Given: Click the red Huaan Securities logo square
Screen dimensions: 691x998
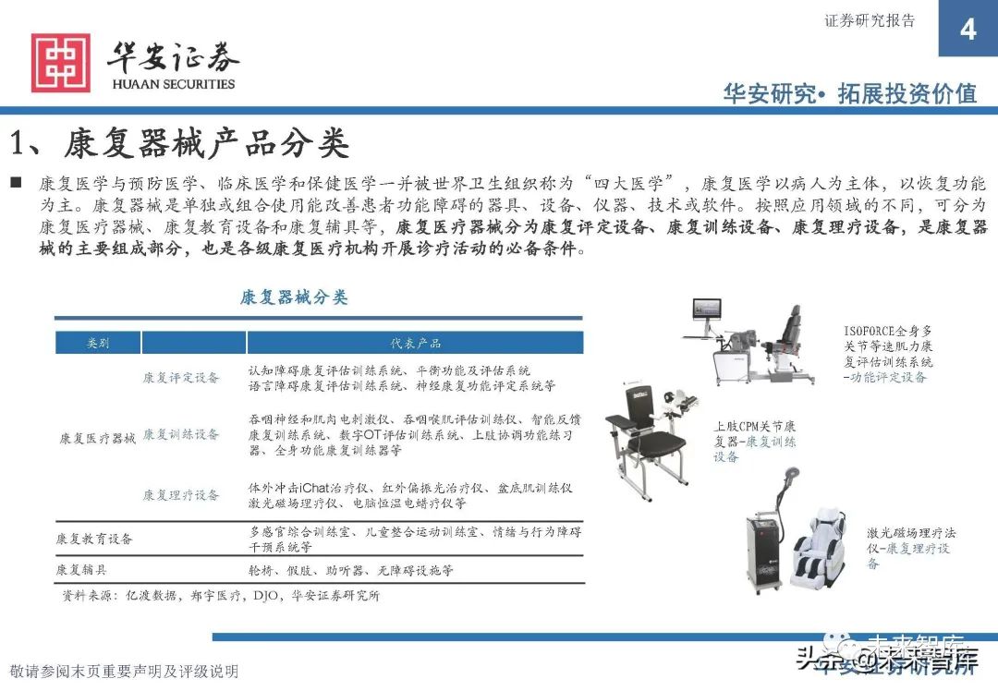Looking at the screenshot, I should coord(61,63).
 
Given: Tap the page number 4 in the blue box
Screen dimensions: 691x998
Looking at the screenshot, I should coord(968,30).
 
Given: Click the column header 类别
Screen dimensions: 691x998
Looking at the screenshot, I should coord(98,343).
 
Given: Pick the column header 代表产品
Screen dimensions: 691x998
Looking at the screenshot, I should coord(415,343).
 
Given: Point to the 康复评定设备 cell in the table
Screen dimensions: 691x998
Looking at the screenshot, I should coord(181,377).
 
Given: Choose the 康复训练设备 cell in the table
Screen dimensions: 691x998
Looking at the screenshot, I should coord(181,434).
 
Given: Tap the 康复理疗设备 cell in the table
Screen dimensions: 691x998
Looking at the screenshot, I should coord(181,495).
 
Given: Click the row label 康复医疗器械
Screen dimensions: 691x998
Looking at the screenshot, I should coord(97,438).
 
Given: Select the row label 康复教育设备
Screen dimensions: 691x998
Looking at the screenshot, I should coord(94,538).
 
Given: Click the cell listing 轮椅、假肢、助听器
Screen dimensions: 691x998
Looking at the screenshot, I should coord(351,570).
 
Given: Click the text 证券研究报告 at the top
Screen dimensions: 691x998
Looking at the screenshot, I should coord(870,20).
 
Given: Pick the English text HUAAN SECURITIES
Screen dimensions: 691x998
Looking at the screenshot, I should coord(173,84).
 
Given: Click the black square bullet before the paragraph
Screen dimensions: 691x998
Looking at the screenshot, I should coord(16,182).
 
